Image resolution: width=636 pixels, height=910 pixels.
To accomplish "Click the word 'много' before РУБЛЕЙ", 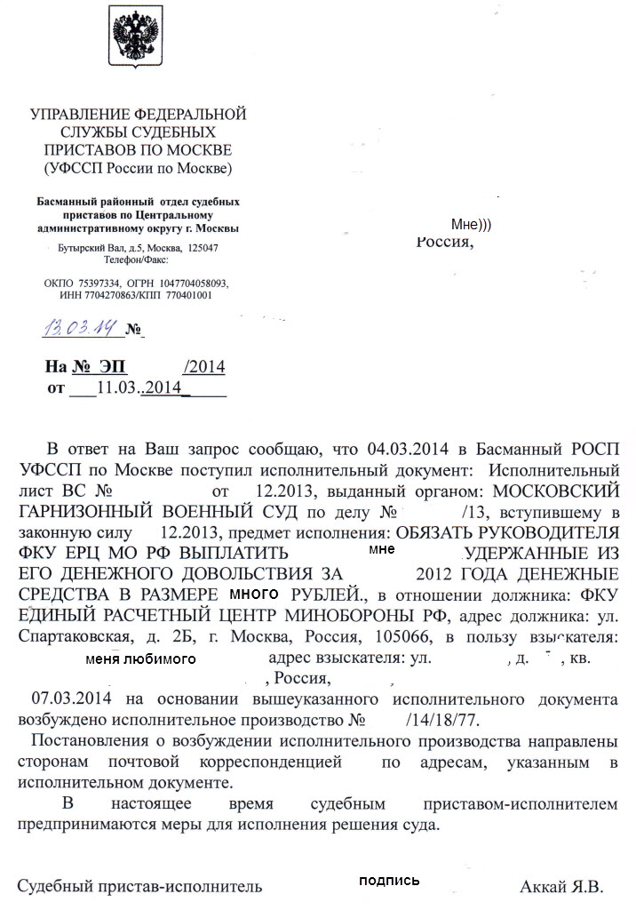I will point(254,593).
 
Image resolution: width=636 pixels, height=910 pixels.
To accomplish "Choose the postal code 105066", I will point(354,637).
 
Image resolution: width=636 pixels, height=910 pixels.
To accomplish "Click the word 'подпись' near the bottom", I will point(388,881).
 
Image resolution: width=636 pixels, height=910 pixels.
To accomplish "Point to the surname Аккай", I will point(544,887).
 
